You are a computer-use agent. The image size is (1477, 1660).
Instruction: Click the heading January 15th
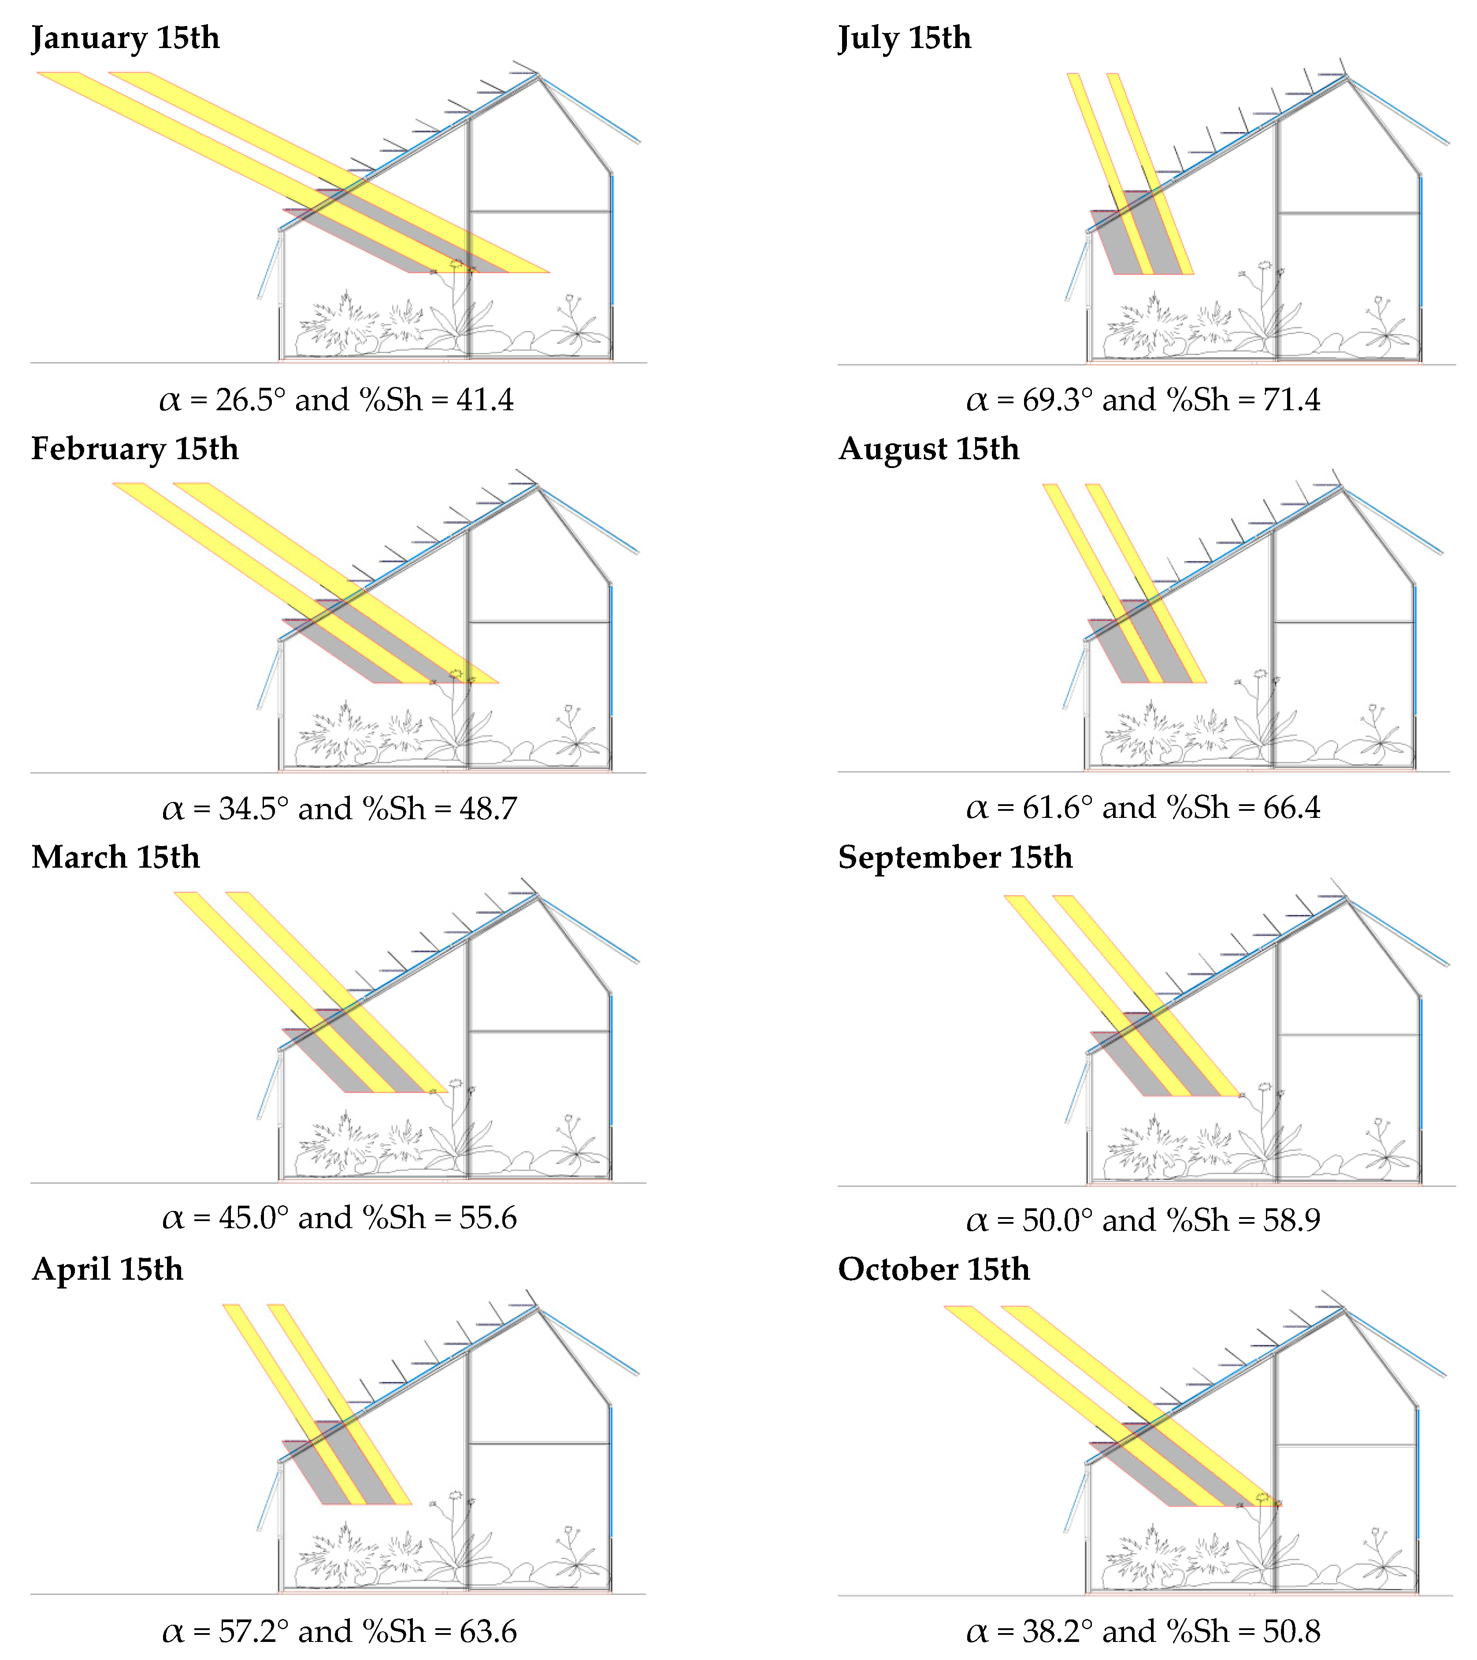click(125, 38)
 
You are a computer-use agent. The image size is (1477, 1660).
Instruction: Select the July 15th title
click(905, 38)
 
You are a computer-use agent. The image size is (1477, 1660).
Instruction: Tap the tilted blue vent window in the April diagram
click(269, 1495)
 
